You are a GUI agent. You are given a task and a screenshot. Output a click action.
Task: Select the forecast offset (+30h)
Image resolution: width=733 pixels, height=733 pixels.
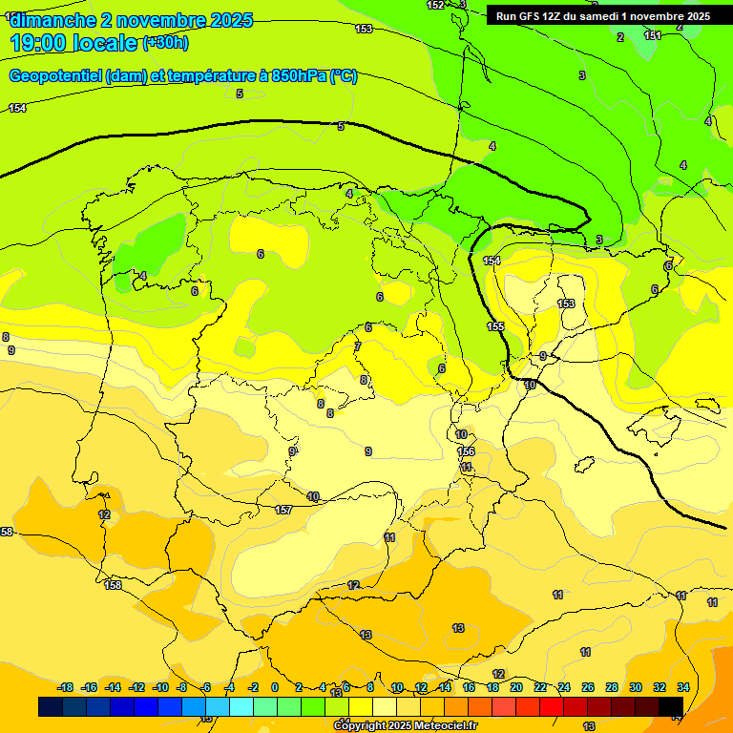pos(165,43)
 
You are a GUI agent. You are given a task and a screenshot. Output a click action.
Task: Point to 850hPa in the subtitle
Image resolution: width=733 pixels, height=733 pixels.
pos(297,76)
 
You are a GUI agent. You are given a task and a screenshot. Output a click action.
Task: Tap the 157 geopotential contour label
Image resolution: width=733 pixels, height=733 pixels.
pos(283,511)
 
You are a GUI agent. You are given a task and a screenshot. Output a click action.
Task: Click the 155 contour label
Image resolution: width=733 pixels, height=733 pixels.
pos(495,326)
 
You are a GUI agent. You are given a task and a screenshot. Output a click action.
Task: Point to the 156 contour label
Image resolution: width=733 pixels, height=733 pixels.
pos(466,451)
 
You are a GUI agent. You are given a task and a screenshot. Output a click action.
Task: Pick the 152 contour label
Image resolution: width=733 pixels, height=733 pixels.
pos(435,5)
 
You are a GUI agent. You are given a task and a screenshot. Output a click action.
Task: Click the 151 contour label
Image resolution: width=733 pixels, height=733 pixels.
pos(653,35)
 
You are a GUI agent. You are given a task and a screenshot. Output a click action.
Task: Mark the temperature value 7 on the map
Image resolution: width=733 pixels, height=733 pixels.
pos(358,346)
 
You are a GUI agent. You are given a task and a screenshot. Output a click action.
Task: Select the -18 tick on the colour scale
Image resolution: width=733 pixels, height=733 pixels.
pos(65,687)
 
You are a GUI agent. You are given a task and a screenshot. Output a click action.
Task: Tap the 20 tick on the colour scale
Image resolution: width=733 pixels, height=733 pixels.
pos(516,687)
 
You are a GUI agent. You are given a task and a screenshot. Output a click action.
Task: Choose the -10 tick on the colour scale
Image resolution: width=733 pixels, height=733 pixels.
pos(160,687)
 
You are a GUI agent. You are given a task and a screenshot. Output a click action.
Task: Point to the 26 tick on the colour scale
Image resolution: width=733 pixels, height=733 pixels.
pos(588,687)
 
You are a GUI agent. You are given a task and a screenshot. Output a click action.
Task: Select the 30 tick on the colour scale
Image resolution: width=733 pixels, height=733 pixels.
pos(636,687)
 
